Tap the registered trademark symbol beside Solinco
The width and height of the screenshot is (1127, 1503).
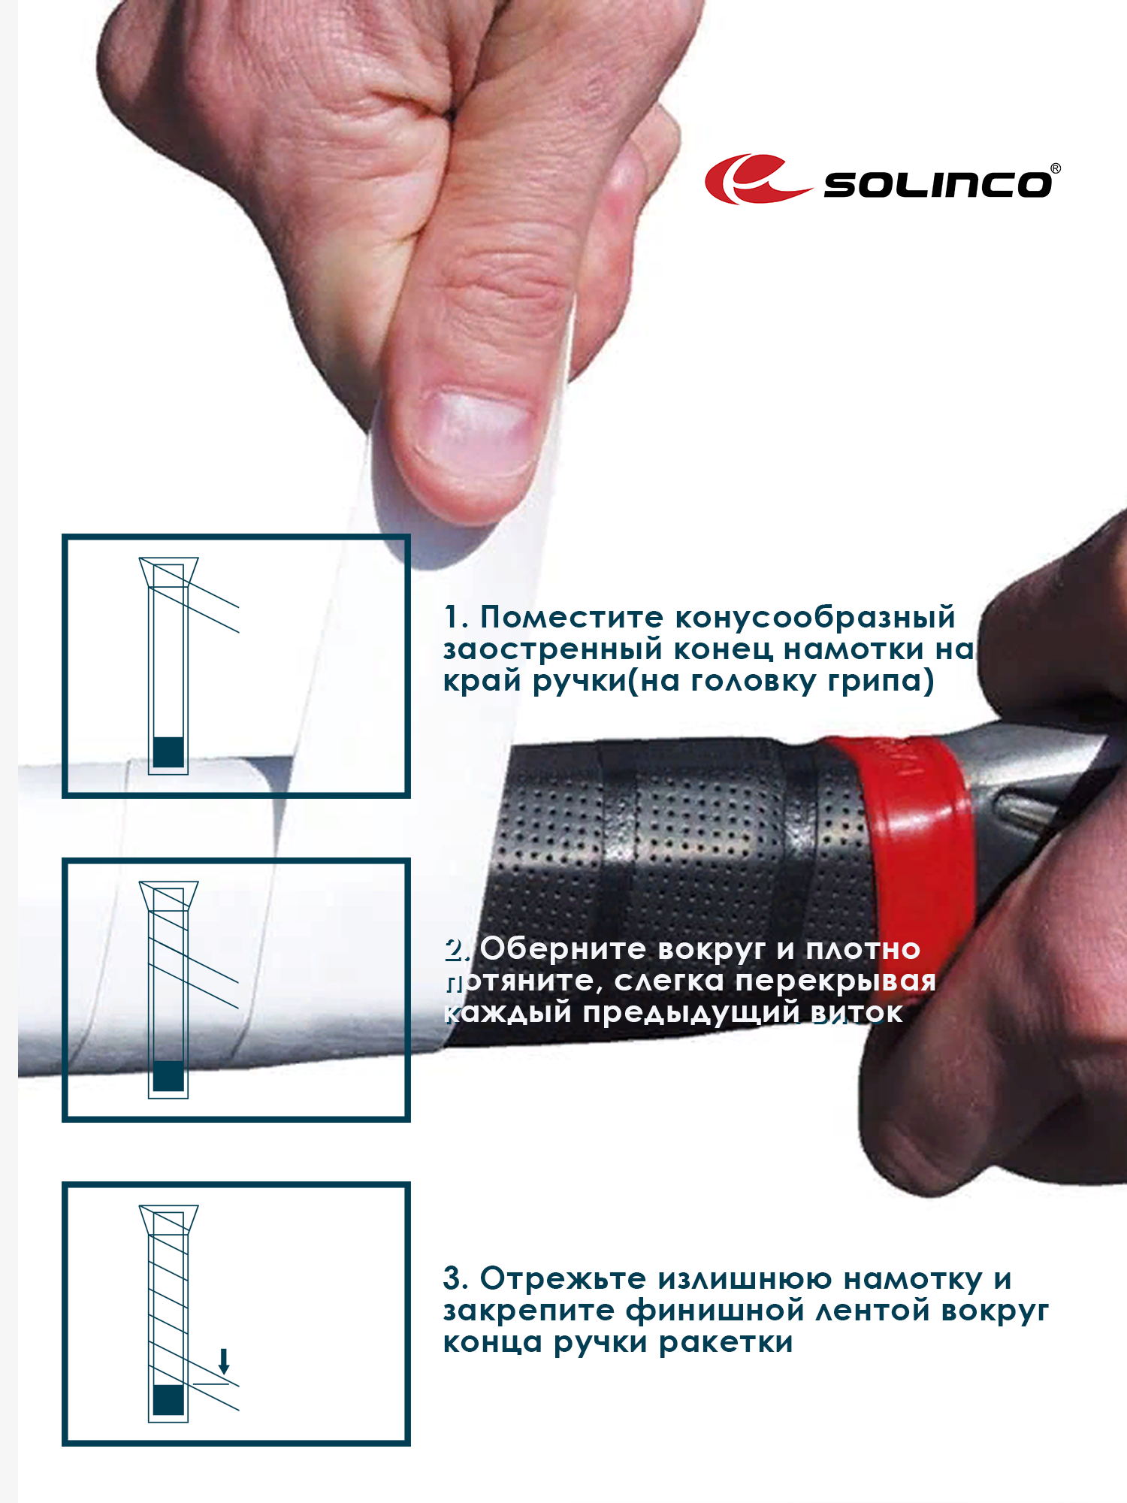pyautogui.click(x=1056, y=168)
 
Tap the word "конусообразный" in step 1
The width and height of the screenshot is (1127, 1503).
pyautogui.click(x=815, y=618)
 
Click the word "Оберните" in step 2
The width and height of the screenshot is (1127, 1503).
pyautogui.click(x=563, y=949)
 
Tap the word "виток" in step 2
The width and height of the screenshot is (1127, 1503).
pyautogui.click(x=857, y=1014)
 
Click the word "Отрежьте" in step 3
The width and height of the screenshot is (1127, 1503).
pyautogui.click(x=563, y=1279)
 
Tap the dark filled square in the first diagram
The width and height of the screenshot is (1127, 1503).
pyautogui.click(x=168, y=751)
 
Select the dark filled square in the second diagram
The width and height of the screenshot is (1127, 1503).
pyautogui.click(x=168, y=1076)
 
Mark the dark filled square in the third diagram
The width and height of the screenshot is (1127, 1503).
pyautogui.click(x=168, y=1399)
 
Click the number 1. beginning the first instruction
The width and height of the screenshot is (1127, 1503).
pyautogui.click(x=456, y=618)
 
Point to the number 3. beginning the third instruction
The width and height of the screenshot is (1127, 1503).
pyautogui.click(x=455, y=1279)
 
